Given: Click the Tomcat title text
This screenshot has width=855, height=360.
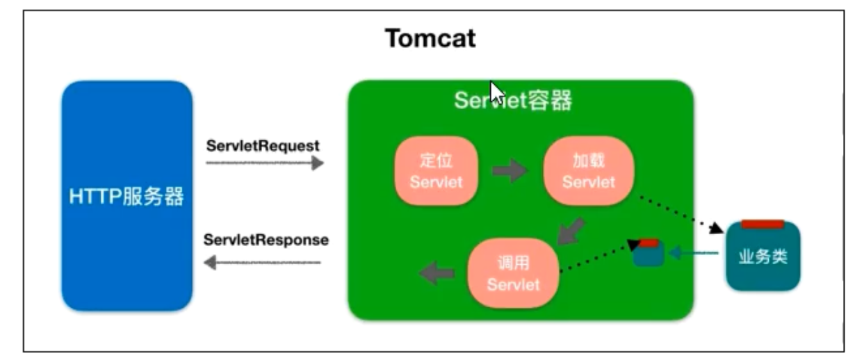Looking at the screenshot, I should pos(430,39).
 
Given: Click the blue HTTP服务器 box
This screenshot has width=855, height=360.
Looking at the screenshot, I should pos(127,196).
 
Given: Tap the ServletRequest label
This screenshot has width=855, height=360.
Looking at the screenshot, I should pos(263,146).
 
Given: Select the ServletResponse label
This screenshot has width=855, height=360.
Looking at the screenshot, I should pos(266,240).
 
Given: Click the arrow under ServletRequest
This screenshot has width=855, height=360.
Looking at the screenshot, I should pos(265,163).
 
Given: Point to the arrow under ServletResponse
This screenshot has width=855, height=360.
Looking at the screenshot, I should pos(262,263).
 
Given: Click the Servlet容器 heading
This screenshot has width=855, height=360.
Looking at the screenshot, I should pos(513,101).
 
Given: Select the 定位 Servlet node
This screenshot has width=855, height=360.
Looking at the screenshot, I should pos(437,171).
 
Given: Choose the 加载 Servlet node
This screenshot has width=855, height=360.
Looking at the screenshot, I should pos(589,171).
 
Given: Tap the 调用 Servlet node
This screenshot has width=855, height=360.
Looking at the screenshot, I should pos(513,274).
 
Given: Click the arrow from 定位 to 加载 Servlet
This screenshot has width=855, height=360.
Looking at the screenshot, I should pos(510,171).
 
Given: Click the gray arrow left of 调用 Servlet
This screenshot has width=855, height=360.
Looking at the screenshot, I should pos(437,273).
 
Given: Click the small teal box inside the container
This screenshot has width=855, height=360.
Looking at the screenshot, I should pos(649,254).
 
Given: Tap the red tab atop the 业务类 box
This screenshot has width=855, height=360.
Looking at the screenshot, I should pos(763,224).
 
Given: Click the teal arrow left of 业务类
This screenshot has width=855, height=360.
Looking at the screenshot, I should pos(693,254).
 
